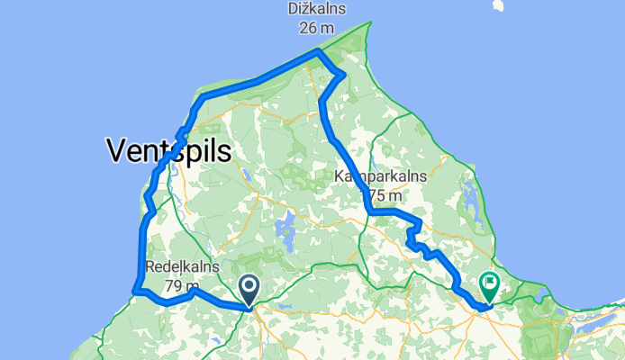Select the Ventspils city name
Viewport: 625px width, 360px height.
(x=168, y=150)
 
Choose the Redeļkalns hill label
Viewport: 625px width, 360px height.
(x=179, y=268)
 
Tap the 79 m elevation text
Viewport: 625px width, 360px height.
(x=179, y=285)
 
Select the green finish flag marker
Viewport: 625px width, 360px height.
(x=490, y=286)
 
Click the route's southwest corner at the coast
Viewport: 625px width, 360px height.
(x=136, y=291)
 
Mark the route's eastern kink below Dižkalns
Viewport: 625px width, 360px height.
(x=342, y=74)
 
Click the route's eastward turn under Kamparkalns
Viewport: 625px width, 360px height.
(x=370, y=212)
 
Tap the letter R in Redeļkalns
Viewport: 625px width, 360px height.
(x=151, y=268)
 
